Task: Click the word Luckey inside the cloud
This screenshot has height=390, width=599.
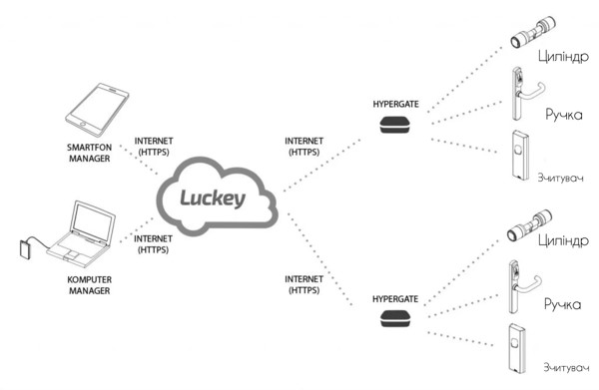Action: (x=213, y=198)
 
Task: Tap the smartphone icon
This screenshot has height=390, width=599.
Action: (x=97, y=110)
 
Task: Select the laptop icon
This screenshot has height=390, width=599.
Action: (x=82, y=234)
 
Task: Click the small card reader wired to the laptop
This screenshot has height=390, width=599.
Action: (x=26, y=248)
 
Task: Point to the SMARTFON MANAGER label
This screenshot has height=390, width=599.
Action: (x=90, y=153)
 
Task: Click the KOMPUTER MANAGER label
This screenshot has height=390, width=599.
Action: (x=90, y=285)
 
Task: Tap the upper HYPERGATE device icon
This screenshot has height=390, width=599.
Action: (x=395, y=125)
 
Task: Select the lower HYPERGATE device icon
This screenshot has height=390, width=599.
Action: (x=395, y=319)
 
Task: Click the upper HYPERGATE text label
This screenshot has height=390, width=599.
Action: (x=395, y=104)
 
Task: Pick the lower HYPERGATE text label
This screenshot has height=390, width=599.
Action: (x=395, y=299)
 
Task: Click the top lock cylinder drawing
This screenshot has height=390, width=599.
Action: (x=533, y=33)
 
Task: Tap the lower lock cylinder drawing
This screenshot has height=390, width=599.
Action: (x=529, y=225)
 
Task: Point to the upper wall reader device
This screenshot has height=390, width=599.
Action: (x=520, y=155)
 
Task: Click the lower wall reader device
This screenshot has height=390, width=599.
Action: (x=517, y=348)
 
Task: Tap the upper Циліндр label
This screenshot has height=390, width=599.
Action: (x=563, y=57)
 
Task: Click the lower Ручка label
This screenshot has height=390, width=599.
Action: (x=562, y=304)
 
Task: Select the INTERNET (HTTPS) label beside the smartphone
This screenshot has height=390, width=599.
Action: (x=154, y=147)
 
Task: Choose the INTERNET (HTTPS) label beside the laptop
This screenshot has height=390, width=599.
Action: (x=153, y=244)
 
